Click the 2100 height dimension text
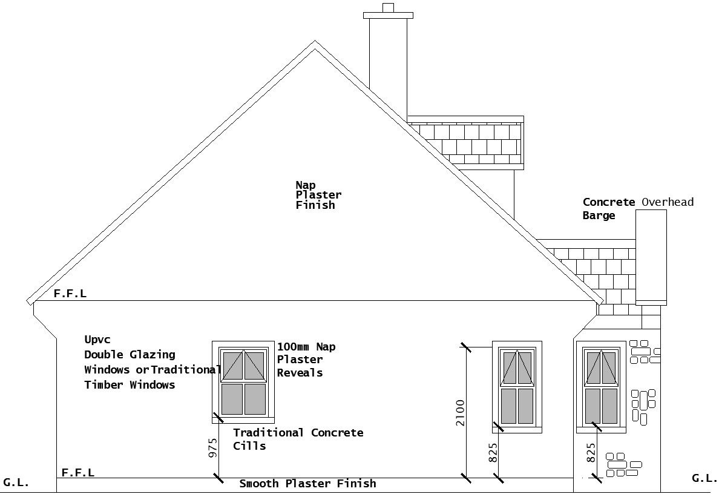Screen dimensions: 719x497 461,412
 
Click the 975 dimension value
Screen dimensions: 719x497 213,449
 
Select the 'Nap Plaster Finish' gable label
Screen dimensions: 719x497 318,195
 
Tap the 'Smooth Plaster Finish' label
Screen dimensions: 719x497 307,484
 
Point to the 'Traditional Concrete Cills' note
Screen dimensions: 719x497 298,439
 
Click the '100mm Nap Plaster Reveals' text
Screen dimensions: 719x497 306,360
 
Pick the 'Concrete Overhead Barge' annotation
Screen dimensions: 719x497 637,208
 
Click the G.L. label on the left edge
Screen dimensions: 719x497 16,483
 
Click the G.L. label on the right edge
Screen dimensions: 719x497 704,478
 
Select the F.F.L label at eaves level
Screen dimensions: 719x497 70,294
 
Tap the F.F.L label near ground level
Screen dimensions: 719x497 77,473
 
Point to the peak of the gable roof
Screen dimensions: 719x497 315,44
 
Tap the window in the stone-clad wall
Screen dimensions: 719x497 600,386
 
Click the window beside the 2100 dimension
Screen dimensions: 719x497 517,386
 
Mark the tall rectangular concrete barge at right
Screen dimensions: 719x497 651,257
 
